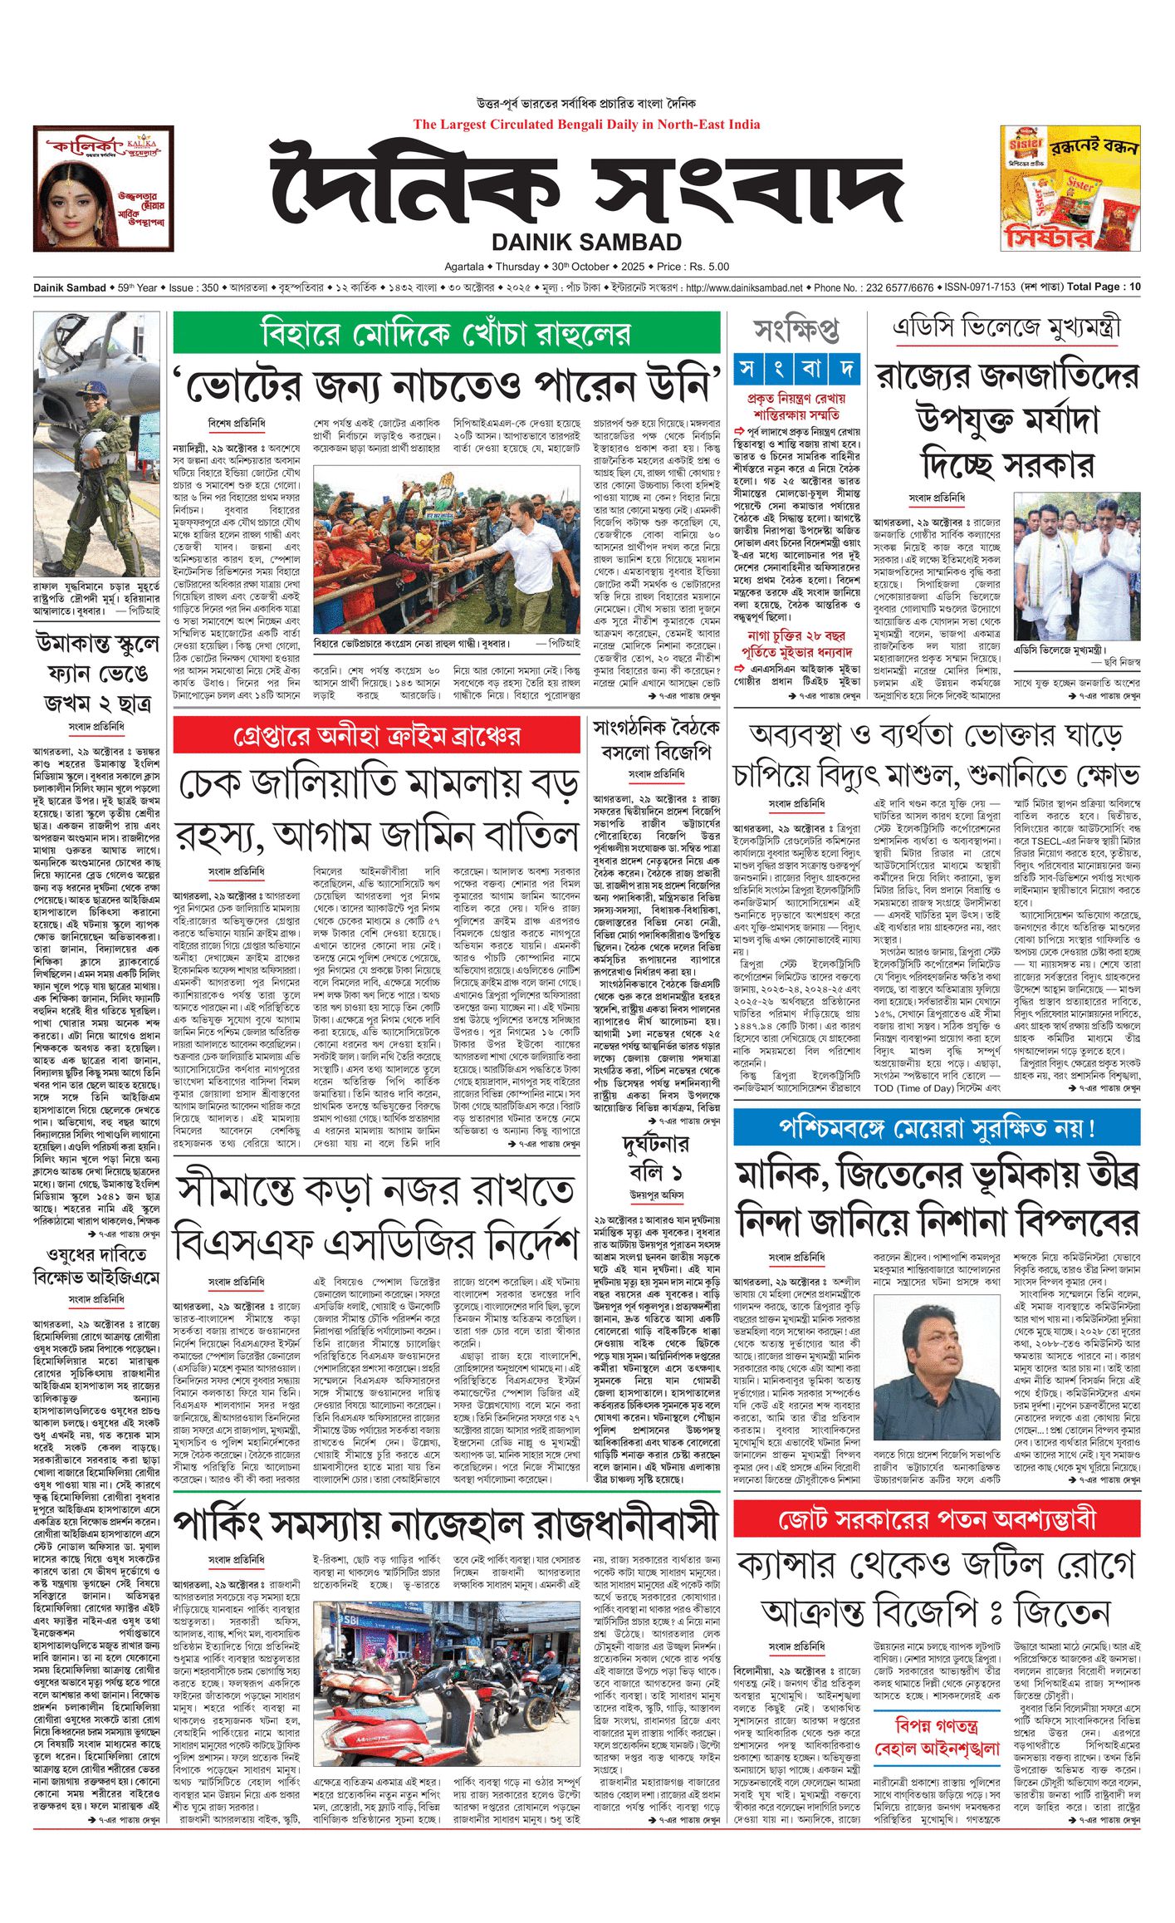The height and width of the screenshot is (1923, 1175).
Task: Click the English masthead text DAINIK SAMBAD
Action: (586, 243)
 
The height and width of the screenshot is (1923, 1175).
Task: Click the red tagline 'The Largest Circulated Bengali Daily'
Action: (586, 125)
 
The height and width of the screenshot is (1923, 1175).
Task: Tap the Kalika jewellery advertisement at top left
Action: (103, 189)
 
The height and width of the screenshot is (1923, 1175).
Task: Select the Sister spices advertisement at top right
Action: (1070, 189)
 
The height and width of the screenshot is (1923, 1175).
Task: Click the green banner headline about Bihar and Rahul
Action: (446, 333)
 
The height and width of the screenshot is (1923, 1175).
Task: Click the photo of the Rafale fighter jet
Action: (96, 444)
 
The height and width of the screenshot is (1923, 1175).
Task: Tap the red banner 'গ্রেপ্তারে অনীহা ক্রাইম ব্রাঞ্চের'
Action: (376, 736)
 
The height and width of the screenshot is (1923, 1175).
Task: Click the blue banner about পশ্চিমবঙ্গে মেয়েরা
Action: (937, 1128)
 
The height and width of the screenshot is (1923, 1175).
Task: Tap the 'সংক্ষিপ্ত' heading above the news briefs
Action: (796, 331)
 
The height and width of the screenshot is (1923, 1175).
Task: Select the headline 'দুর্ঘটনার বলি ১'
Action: (656, 1158)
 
